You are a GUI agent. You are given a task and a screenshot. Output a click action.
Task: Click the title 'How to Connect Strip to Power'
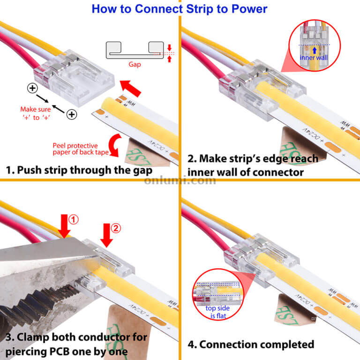click(180, 8)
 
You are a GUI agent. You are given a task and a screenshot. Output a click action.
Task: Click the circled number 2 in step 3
click(116, 228)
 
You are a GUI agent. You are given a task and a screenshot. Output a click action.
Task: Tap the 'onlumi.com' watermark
click(180, 180)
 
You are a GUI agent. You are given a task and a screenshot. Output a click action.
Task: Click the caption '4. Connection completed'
click(251, 345)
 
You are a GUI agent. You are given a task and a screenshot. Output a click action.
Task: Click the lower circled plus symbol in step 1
click(71, 114)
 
